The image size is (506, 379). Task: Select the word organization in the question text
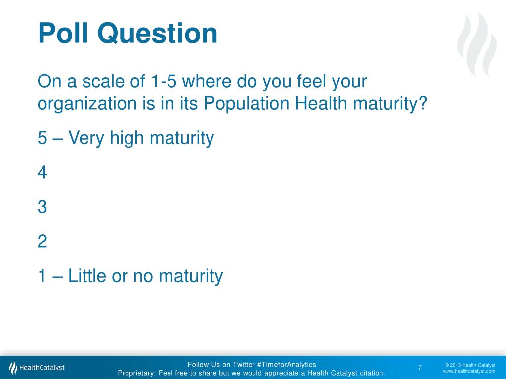point(87,105)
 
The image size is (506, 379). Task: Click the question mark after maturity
point(422,104)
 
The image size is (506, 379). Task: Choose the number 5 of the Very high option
point(42,139)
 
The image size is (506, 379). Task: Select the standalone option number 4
point(42,173)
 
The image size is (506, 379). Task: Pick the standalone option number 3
point(42,207)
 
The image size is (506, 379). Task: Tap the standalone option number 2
point(42,242)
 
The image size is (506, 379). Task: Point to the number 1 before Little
point(42,276)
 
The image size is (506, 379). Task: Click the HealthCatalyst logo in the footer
point(37,368)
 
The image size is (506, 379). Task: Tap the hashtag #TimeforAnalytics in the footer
point(287,365)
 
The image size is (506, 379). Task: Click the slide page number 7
point(420,368)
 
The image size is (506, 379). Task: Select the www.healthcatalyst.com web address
point(469,371)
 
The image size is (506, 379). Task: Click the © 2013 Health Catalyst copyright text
point(469,365)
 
